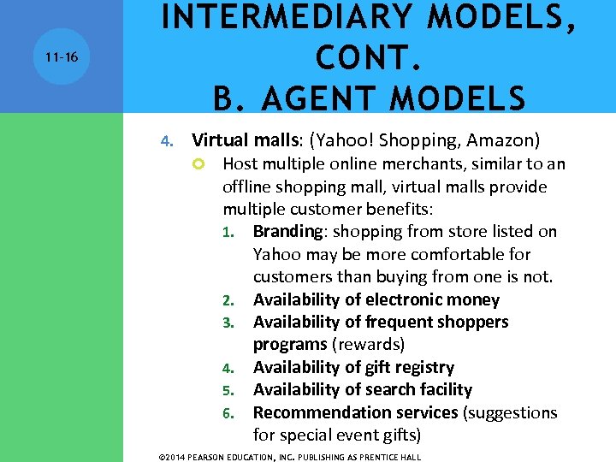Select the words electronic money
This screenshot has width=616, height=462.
[432, 299]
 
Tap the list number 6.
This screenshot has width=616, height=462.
[228, 413]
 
